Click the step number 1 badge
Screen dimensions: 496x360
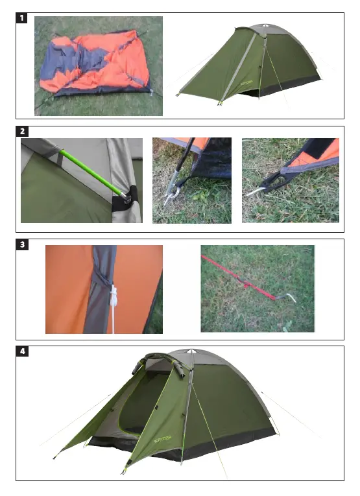(x=23, y=18)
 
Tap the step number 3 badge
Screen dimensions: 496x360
(x=23, y=245)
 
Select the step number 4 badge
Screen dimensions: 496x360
(x=23, y=352)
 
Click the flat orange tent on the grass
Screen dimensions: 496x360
(x=97, y=65)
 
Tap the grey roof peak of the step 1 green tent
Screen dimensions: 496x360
(x=266, y=29)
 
